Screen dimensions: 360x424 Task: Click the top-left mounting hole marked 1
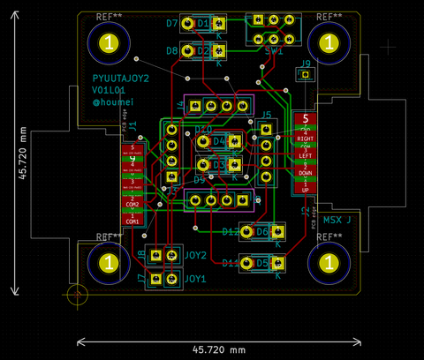click(x=108, y=42)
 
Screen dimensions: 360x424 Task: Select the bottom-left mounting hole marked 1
click(x=108, y=263)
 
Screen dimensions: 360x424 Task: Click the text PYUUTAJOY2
click(x=121, y=79)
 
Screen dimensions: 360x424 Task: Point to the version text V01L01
click(x=110, y=90)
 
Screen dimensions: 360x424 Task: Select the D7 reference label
click(x=171, y=24)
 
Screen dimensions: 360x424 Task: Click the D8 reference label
click(x=171, y=51)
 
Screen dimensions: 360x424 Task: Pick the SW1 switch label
click(x=273, y=52)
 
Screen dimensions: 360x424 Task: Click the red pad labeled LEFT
click(x=305, y=155)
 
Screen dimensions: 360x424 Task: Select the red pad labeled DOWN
click(x=305, y=172)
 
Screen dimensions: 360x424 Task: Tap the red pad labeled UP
click(x=305, y=189)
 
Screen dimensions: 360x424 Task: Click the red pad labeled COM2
click(x=132, y=204)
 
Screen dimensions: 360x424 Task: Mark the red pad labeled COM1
click(x=132, y=221)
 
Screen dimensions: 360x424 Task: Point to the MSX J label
click(x=337, y=219)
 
